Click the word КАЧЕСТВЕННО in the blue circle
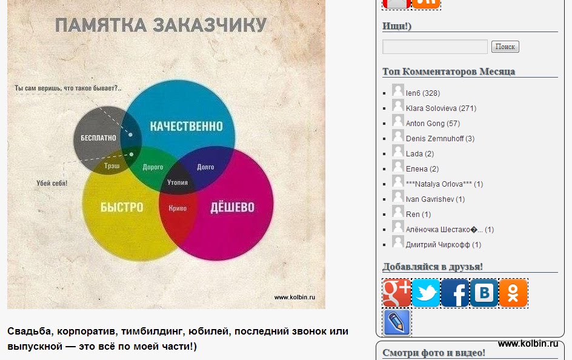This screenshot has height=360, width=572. point(187,126)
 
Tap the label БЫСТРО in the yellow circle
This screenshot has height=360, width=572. point(122,207)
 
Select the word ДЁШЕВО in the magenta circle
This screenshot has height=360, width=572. point(233,207)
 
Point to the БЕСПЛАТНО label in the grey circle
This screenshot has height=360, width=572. point(98,138)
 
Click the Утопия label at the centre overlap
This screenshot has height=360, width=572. point(178,182)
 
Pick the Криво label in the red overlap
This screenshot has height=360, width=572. point(178,208)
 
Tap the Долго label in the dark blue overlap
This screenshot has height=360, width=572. point(205,167)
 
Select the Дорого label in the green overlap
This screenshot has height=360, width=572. point(153,167)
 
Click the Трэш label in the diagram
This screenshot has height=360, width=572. point(111,166)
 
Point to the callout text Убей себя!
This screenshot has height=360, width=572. point(52,183)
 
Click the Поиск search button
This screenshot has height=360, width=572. point(505,47)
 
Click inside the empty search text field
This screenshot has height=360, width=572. point(435,47)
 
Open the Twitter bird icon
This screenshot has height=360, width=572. point(426,293)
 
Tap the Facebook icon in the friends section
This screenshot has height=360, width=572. point(455,293)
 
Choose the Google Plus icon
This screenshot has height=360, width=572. point(397,293)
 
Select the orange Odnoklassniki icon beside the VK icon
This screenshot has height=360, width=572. point(513,293)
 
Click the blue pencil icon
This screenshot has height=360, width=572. point(397,322)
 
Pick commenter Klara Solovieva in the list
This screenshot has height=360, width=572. point(431,108)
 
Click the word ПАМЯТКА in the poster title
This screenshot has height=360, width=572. point(101,25)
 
